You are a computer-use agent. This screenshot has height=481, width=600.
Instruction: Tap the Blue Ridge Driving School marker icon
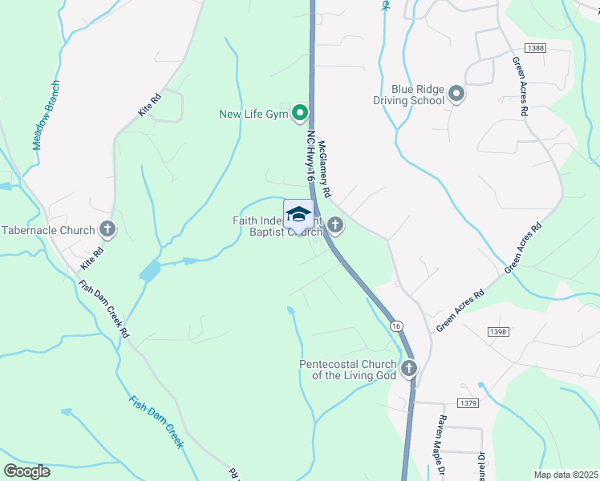456,95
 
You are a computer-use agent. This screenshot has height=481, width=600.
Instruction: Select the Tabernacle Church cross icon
107,230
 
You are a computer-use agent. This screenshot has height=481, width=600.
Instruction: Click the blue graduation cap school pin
298,216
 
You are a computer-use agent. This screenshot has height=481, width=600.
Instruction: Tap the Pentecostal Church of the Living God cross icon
409,369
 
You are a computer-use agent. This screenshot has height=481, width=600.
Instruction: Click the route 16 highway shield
396,326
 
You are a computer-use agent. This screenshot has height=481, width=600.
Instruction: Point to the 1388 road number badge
537,48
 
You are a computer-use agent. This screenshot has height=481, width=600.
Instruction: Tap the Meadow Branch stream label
47,115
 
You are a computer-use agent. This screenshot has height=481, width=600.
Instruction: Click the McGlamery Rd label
324,169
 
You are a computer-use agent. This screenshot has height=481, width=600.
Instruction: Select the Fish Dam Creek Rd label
103,309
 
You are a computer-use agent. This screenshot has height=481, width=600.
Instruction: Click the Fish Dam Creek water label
156,420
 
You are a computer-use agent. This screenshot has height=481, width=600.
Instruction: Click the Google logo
26,471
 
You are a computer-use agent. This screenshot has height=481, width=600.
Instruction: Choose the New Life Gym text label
253,114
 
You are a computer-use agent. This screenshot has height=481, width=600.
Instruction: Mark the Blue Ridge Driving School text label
407,95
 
